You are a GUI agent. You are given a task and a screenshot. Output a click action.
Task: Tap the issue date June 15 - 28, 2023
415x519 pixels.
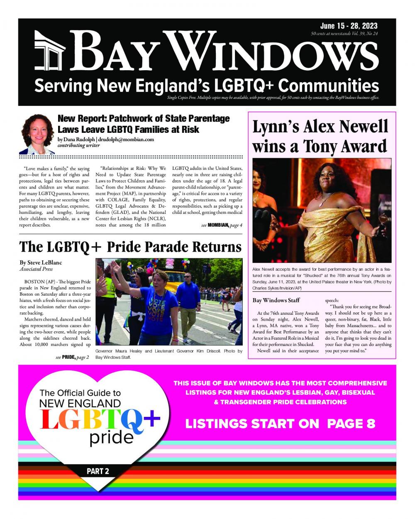(x=349, y=26)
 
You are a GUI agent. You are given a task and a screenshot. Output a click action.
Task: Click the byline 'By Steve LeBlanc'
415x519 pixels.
(x=41, y=263)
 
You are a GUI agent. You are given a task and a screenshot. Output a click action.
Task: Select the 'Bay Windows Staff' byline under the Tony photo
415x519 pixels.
(x=276, y=300)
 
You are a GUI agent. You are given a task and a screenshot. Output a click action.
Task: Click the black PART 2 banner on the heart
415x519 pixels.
(x=98, y=471)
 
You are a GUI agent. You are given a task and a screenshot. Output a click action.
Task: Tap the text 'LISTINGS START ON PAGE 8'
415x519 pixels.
(x=280, y=424)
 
